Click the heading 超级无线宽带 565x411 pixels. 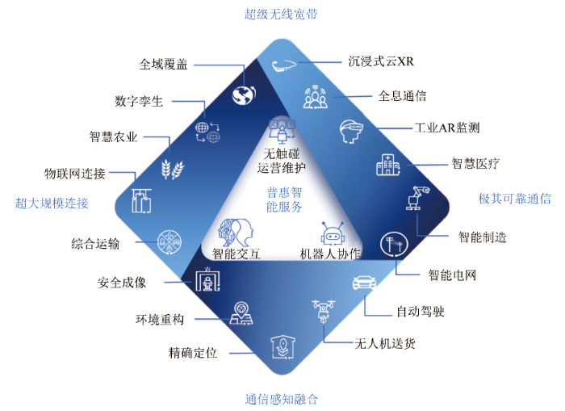281,14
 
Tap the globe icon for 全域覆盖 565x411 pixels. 241,95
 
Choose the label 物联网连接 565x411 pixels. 74,174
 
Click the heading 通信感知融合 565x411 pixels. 281,399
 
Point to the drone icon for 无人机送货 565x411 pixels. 323,309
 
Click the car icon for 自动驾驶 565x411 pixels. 364,282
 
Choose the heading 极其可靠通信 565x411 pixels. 514,199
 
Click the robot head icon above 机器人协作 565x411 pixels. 333,234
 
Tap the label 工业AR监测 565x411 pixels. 446,128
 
